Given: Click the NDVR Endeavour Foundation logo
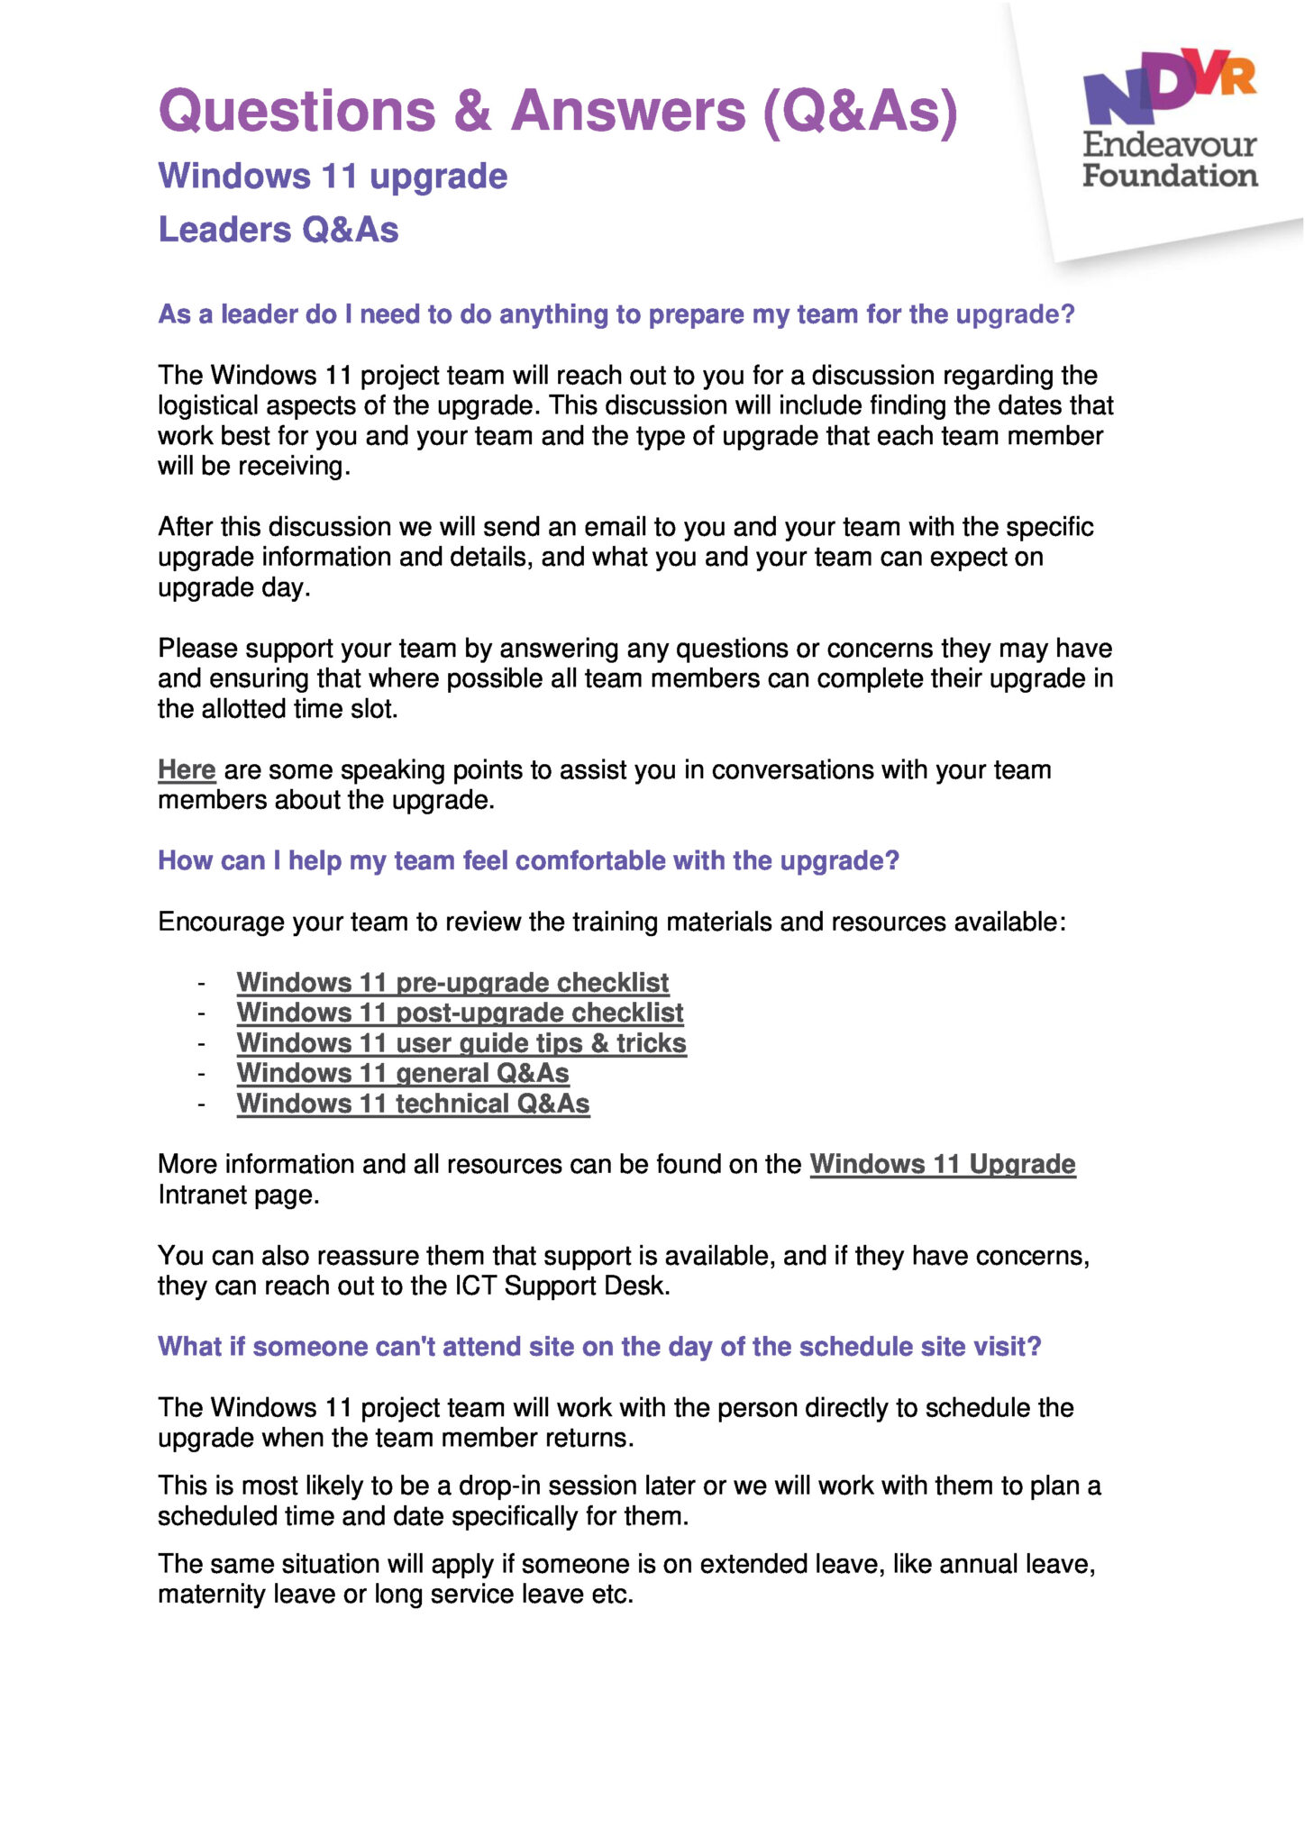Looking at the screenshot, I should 1170,117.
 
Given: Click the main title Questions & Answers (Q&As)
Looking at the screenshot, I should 558,111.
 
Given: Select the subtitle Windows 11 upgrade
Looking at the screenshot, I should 333,176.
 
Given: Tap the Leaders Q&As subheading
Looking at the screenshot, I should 278,230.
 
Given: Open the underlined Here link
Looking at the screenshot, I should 187,770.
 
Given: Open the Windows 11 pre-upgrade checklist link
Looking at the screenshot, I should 452,982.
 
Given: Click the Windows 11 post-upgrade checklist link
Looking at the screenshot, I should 460,1013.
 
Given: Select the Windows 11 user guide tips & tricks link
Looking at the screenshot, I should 461,1043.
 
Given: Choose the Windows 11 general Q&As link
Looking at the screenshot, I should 403,1073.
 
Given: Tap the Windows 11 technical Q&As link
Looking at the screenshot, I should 413,1104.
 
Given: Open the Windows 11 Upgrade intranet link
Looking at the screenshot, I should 943,1164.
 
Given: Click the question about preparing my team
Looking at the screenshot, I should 616,314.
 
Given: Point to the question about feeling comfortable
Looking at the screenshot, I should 528,861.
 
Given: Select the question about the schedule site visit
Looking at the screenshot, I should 599,1347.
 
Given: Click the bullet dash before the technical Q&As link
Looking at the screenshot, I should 202,1104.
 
